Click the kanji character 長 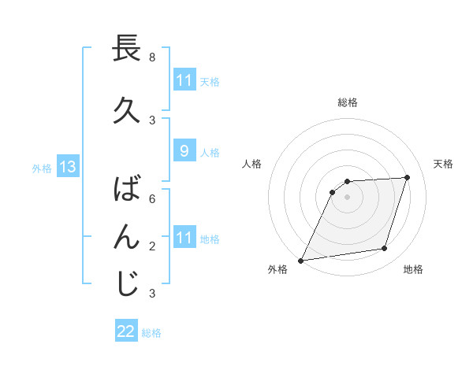(x=127, y=49)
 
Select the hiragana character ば (x=127, y=191)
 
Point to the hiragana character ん (x=127, y=237)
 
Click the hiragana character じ (x=127, y=284)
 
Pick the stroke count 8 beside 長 (x=152, y=57)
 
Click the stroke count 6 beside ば (x=152, y=199)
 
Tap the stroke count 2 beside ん (x=152, y=246)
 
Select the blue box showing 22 (x=126, y=331)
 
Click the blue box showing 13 (x=67, y=167)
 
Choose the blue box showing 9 (x=184, y=151)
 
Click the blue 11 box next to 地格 (x=184, y=238)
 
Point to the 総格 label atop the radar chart (x=348, y=102)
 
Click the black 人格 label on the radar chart (x=252, y=164)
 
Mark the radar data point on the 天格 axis (x=408, y=177)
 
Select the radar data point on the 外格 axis (x=300, y=261)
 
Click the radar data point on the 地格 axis (x=385, y=249)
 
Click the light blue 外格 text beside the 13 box (x=41, y=168)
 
